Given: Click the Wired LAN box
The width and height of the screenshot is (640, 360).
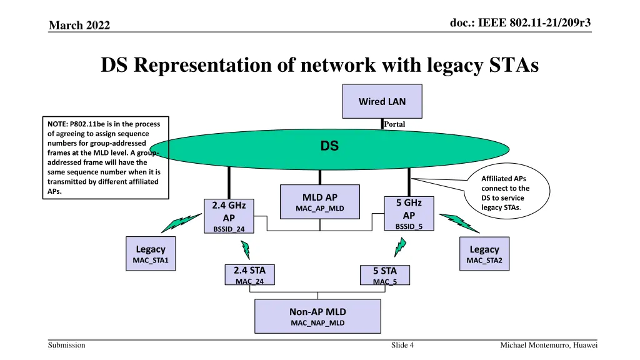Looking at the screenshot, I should pos(382,101).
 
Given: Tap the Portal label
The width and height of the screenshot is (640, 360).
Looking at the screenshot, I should pos(394,124).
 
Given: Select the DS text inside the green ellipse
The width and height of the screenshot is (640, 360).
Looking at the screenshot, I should pos(329,146).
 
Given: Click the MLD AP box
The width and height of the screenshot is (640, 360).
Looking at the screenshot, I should pos(320,201).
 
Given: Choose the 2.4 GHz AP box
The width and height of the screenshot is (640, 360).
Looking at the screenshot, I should pos(229,216).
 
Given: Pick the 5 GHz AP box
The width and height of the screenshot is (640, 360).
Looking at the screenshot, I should pos(409,214).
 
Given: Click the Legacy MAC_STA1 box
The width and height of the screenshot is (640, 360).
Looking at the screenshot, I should pos(151,254).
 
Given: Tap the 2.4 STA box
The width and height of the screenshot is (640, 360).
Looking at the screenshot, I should pos(249,275).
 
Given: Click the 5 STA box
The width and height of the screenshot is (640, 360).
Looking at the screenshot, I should pos(384,276).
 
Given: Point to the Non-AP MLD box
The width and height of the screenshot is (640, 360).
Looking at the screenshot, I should pos(317,316).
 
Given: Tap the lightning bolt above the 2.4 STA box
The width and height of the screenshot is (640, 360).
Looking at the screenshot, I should pos(246,249).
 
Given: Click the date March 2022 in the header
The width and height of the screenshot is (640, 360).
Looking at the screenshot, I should pos(79,25).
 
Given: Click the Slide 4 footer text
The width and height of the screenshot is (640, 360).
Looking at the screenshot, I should pos(402,346).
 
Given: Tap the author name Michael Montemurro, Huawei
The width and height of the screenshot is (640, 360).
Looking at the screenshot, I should pos(549,346).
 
